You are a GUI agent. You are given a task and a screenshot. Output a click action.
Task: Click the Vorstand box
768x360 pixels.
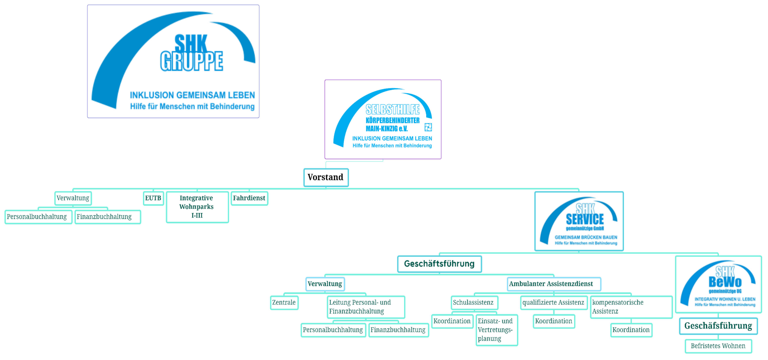[326, 177]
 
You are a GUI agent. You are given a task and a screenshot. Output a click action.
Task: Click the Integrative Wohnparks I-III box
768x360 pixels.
[197, 207]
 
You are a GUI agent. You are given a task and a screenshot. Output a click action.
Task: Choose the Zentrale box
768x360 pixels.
[284, 302]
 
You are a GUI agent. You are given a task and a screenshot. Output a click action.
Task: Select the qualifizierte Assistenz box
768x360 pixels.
[553, 302]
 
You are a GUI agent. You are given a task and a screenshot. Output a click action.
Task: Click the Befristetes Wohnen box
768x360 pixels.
[718, 346]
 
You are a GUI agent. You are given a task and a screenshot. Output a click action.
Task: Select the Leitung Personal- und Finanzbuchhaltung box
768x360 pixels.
[365, 307]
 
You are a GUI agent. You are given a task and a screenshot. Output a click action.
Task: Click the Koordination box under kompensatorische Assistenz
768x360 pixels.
[631, 330]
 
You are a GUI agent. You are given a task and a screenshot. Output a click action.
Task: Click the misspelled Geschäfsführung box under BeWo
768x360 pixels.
[718, 326]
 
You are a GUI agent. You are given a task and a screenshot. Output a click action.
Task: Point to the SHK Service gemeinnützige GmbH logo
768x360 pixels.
[579, 221]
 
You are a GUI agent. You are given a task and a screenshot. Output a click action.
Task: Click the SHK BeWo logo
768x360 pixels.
[718, 284]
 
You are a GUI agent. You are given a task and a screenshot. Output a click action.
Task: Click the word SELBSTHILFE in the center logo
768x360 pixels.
[393, 110]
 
